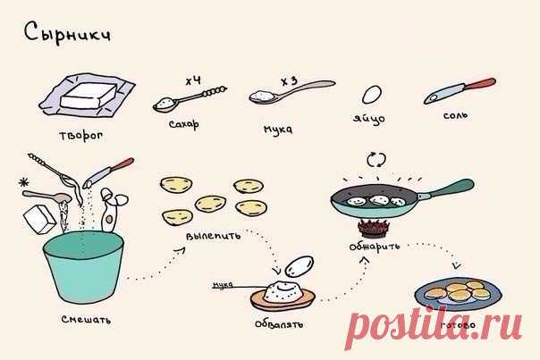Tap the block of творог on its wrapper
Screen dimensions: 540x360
pyautogui.click(x=89, y=96)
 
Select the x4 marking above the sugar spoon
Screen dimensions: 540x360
pyautogui.click(x=193, y=81)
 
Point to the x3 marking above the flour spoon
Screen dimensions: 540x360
pyautogui.click(x=289, y=81)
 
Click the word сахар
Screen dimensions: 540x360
pyautogui.click(x=184, y=124)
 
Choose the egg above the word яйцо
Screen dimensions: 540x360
pyautogui.click(x=372, y=95)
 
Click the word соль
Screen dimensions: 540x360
pyautogui.click(x=455, y=115)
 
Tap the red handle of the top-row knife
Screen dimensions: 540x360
pyautogui.click(x=480, y=84)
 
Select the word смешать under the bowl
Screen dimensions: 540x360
pyautogui.click(x=86, y=320)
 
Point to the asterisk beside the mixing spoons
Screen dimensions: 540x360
pyautogui.click(x=24, y=182)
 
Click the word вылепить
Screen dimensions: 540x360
pyautogui.click(x=213, y=236)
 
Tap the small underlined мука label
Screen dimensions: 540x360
pyautogui.click(x=223, y=285)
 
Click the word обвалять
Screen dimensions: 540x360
pyautogui.click(x=279, y=324)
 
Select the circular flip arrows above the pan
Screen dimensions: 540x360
pyautogui.click(x=376, y=160)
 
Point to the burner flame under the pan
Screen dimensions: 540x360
pyautogui.click(x=374, y=228)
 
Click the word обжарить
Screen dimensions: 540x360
pyautogui.click(x=375, y=246)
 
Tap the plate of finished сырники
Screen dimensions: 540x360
pyautogui.click(x=458, y=294)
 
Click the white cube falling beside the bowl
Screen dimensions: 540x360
pyautogui.click(x=39, y=219)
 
